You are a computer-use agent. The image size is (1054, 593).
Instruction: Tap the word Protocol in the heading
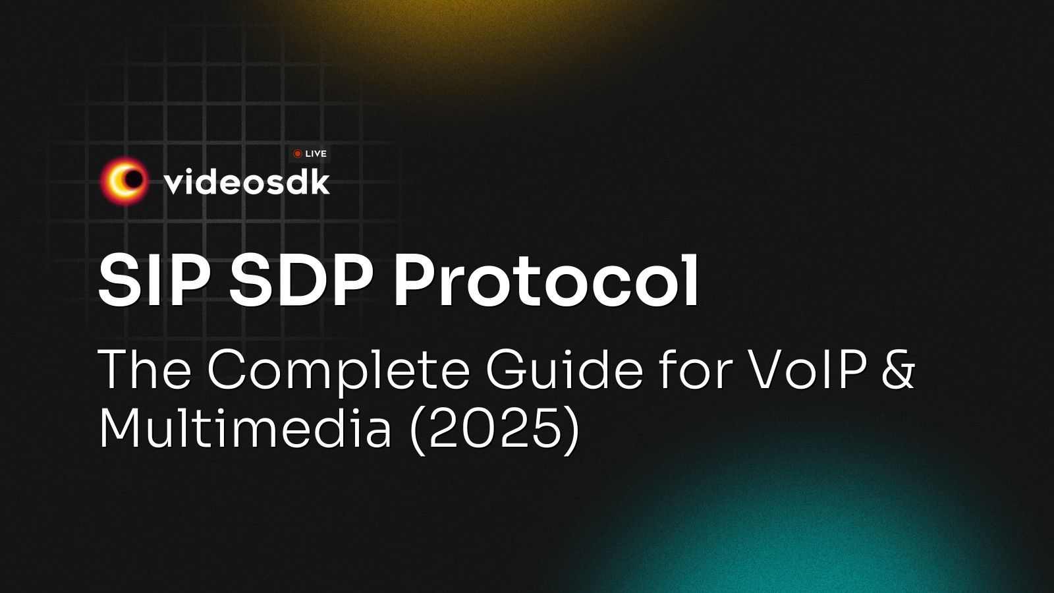point(546,281)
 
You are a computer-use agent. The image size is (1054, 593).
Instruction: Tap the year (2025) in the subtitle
point(495,429)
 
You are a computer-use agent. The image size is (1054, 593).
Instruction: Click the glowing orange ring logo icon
point(123,179)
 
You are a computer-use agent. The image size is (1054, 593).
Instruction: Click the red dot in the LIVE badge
point(298,154)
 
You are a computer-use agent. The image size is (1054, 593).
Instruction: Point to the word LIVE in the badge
point(316,154)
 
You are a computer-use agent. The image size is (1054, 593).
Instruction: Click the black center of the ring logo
point(134,179)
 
